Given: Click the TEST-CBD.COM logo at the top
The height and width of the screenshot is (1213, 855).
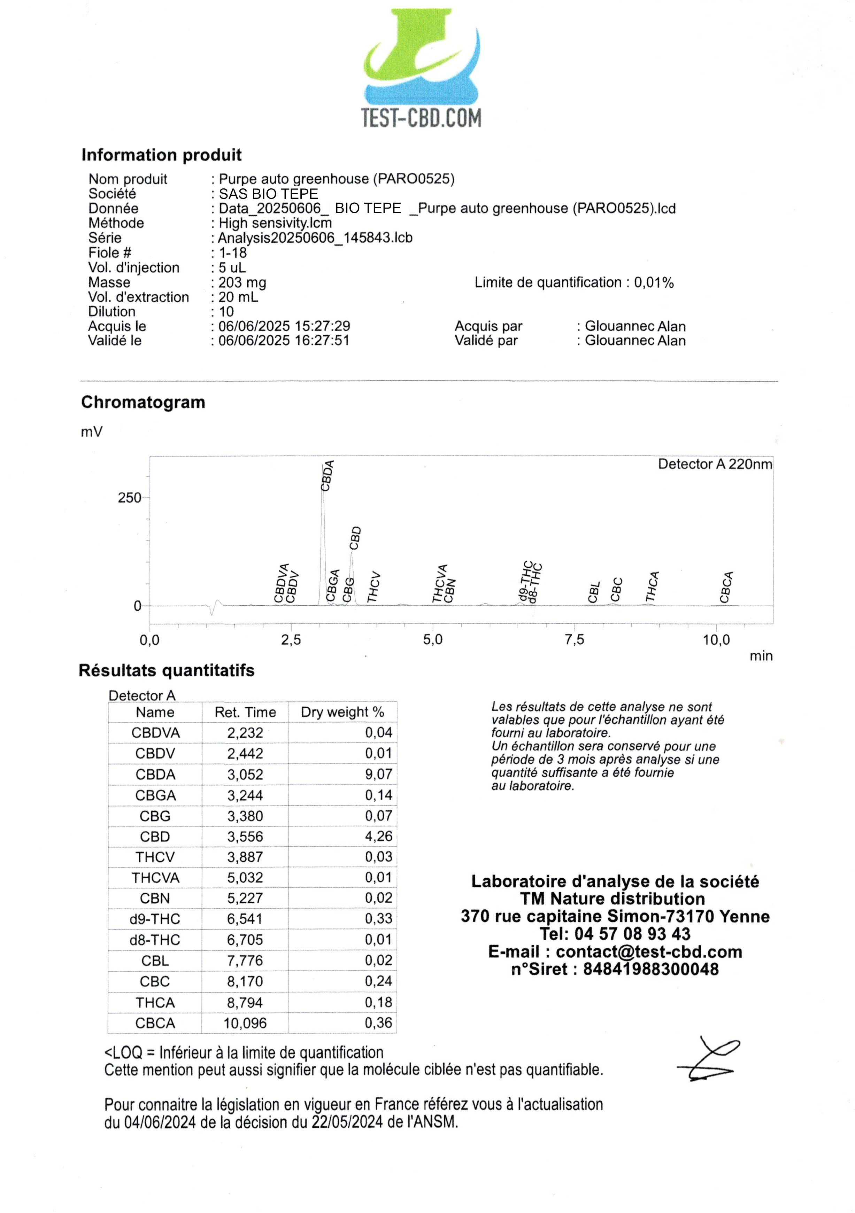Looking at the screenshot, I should (422, 69).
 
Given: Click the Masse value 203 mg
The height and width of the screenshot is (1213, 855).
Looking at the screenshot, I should (242, 283).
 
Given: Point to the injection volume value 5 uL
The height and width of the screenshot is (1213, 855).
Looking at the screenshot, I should (232, 268).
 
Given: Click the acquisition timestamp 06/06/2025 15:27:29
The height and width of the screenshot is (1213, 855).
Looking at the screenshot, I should (284, 326).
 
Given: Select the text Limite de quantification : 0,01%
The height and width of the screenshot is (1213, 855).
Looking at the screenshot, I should (574, 283).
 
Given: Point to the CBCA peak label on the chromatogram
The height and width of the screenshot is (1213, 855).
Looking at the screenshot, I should (726, 587).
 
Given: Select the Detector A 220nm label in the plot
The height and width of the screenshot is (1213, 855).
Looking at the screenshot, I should (715, 464).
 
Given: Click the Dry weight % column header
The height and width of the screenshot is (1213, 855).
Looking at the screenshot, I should (342, 712).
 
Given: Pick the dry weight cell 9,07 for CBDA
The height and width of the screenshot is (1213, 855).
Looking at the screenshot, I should (378, 775).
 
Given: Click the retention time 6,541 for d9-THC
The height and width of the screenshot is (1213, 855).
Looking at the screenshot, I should (245, 919).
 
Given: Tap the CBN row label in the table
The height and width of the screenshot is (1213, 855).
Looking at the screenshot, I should (155, 899).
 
